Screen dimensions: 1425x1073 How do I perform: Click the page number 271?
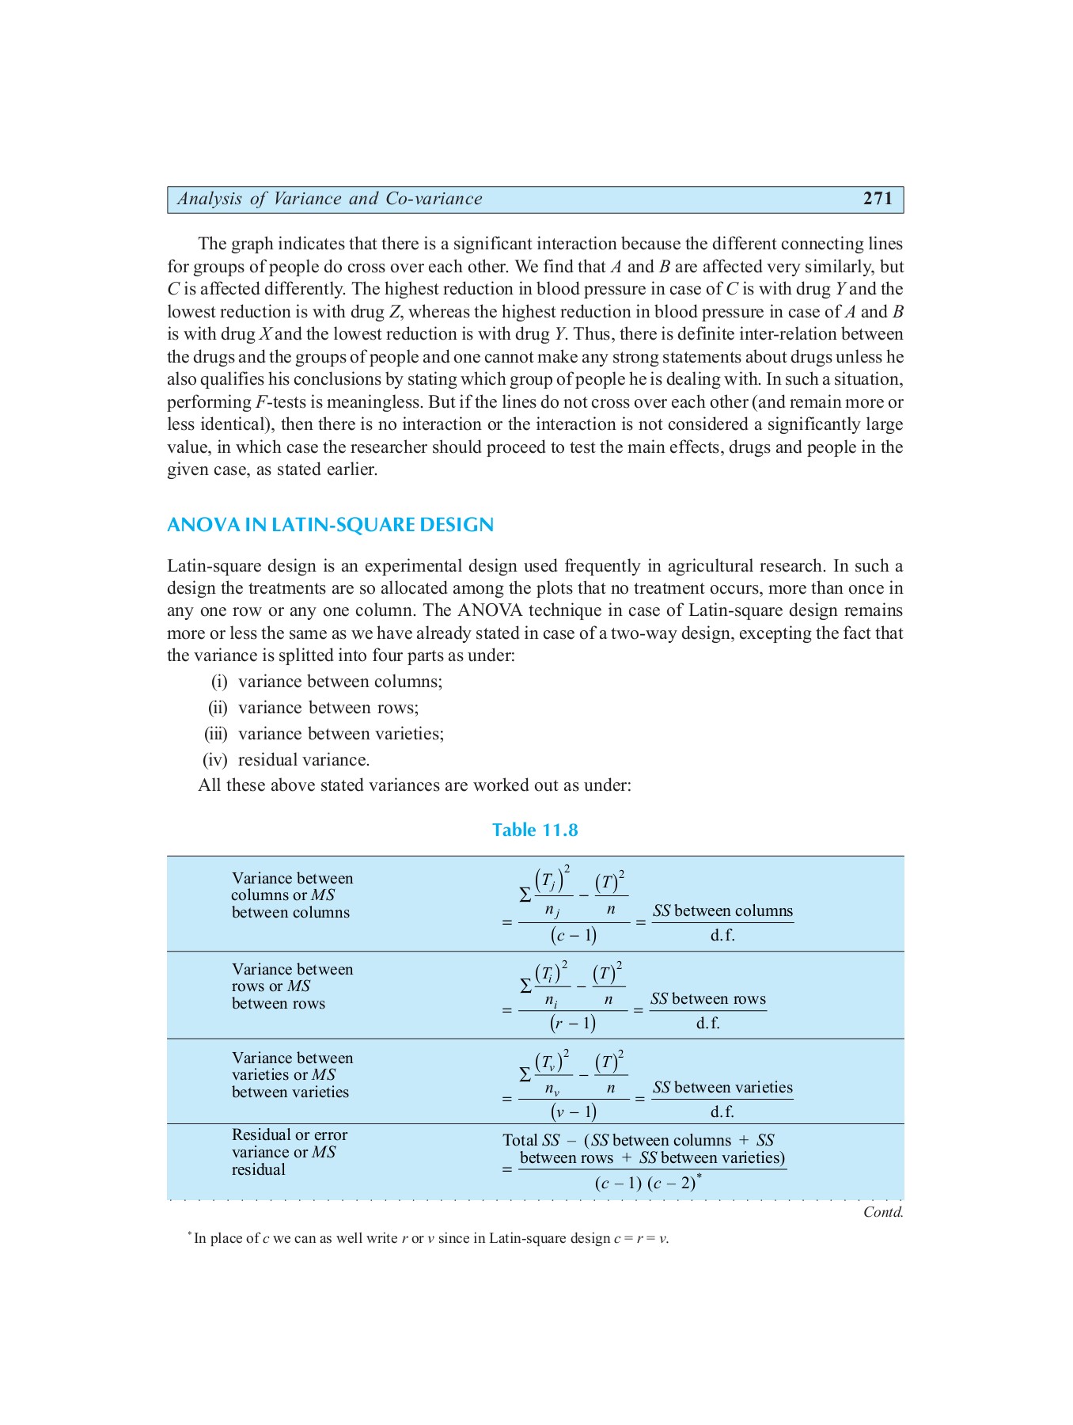pos(878,199)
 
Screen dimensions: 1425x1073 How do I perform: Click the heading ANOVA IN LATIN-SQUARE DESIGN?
pos(330,525)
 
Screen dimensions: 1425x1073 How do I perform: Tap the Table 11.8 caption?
pos(535,830)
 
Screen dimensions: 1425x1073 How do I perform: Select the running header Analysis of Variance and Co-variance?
pos(329,199)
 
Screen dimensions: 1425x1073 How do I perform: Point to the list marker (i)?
pos(219,682)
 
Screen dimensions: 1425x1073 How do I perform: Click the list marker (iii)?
pos(216,734)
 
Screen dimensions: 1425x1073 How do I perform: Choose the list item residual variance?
pos(304,760)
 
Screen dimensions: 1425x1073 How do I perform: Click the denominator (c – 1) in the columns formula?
pos(574,935)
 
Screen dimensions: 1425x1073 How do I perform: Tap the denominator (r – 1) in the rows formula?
pos(572,1023)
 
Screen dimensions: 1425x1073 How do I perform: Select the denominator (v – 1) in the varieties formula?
pos(574,1111)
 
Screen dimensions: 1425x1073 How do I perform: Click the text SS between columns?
pos(722,911)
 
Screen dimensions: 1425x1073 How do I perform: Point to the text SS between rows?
pos(708,999)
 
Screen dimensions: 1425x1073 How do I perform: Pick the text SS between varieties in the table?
pos(722,1088)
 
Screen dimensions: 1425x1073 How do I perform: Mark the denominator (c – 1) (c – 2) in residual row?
pos(646,1184)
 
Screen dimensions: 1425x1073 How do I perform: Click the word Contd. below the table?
pos(883,1212)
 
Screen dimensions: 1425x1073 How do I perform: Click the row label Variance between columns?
pos(292,887)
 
